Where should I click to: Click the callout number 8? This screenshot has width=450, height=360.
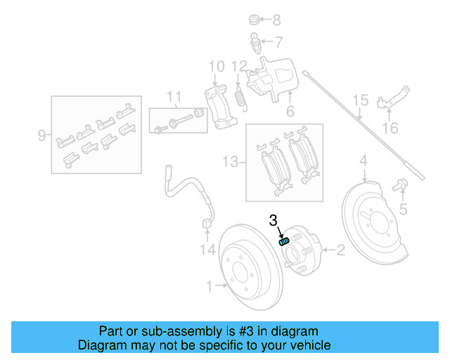tap(276, 20)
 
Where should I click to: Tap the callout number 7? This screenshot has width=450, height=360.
tap(278, 41)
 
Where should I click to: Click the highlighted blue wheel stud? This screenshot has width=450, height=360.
tap(284, 241)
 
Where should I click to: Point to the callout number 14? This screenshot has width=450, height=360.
tap(205, 250)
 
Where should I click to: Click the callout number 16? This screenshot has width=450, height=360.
tap(390, 128)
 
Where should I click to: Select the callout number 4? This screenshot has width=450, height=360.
tap(364, 163)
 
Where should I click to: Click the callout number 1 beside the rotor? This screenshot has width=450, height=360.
tap(210, 285)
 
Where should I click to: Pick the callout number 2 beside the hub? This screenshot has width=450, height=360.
tap(340, 249)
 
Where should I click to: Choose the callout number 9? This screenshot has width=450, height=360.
tap(42, 134)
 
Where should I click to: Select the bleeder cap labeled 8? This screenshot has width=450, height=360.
tap(255, 18)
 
